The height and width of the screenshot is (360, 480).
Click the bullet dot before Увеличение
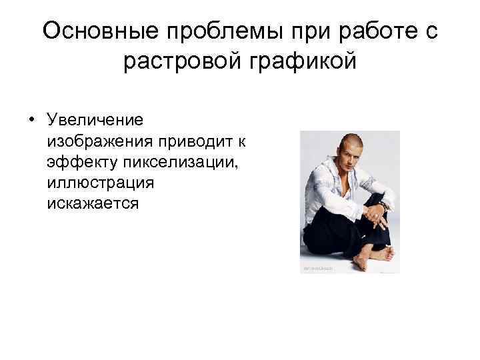[x=31, y=121]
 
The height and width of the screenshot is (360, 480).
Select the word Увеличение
[x=95, y=121]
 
